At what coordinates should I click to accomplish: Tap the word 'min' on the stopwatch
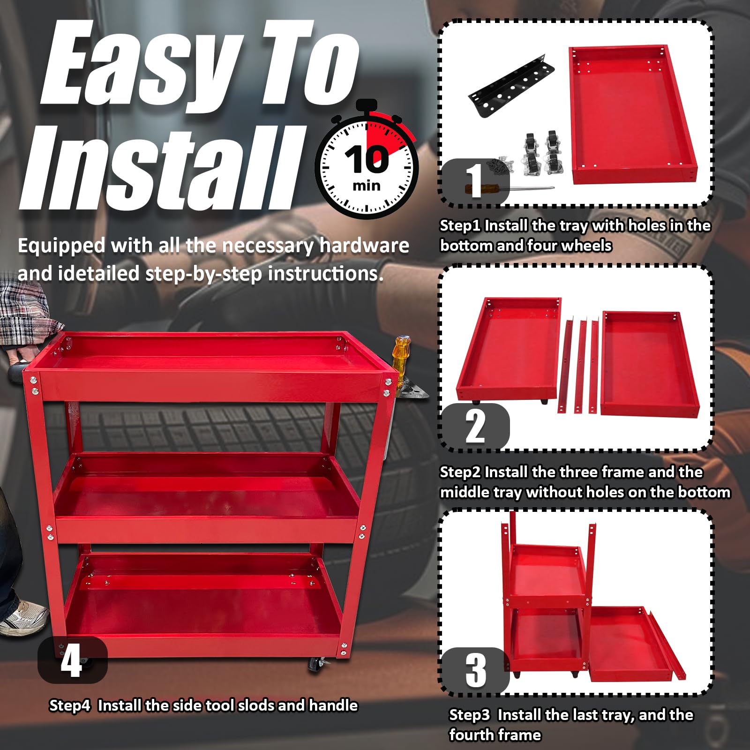point(367,186)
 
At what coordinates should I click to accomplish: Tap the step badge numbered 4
point(72,660)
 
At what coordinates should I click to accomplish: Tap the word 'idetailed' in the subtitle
point(98,274)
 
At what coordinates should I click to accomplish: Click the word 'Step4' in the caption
point(69,705)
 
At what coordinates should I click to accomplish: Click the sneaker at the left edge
point(23,618)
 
